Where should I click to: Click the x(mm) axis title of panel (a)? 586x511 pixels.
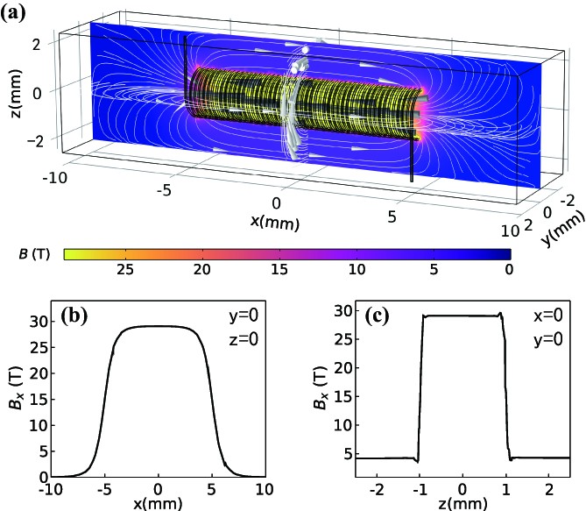coord(275,222)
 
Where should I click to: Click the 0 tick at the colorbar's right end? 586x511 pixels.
coord(509,268)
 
